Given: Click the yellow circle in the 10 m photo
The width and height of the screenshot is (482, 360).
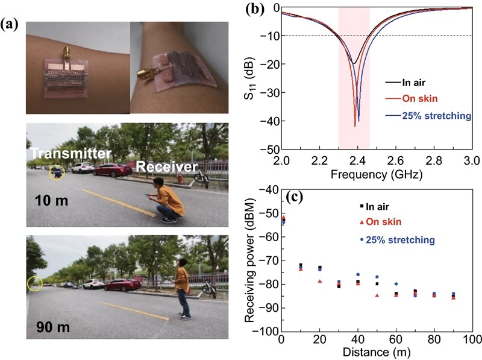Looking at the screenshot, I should pos(56,172).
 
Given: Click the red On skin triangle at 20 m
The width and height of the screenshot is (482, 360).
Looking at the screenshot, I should pos(320,281).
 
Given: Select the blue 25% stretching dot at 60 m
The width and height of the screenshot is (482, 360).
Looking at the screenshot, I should pos(396,283).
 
